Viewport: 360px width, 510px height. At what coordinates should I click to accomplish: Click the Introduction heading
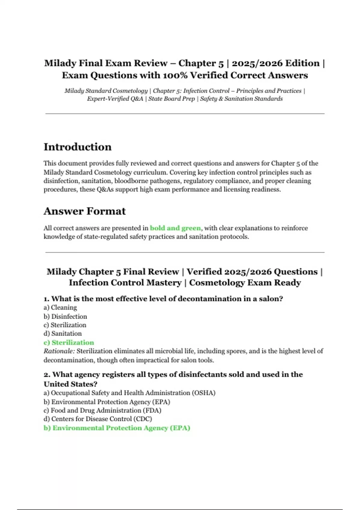point(77,147)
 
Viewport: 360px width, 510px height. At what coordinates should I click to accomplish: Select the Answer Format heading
point(85,211)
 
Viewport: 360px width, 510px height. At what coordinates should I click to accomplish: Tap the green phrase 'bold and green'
point(175,228)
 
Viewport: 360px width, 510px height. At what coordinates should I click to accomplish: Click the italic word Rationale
point(59,351)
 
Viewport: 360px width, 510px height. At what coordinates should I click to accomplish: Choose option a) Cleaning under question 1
point(60,307)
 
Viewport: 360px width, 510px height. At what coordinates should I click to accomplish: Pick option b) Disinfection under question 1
point(65,316)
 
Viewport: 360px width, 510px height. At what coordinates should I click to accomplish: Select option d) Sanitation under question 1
point(63,333)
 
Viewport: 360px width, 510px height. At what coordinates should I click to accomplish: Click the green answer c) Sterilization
point(69,342)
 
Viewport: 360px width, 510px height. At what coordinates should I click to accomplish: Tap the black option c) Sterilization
point(65,325)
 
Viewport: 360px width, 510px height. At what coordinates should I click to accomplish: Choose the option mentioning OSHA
point(130,393)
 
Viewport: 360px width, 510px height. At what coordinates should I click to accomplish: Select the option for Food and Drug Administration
point(102,410)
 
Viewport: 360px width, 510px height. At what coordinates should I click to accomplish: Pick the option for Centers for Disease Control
point(98,419)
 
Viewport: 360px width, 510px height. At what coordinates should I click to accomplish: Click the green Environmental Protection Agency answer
point(117,428)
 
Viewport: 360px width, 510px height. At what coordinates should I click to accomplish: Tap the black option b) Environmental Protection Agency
point(107,402)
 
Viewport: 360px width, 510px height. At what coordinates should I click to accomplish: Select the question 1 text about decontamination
point(163,299)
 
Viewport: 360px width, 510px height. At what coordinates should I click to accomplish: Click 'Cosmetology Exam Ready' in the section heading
point(245,283)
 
